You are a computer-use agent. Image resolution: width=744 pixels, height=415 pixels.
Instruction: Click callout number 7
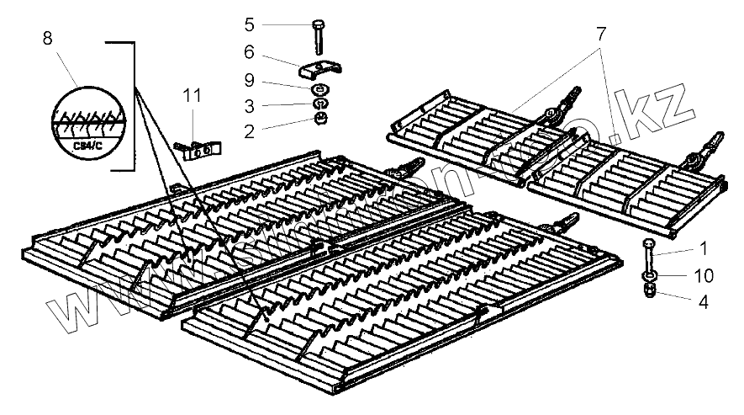coord(600,35)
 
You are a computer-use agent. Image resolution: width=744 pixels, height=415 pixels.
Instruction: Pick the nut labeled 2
coord(320,120)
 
